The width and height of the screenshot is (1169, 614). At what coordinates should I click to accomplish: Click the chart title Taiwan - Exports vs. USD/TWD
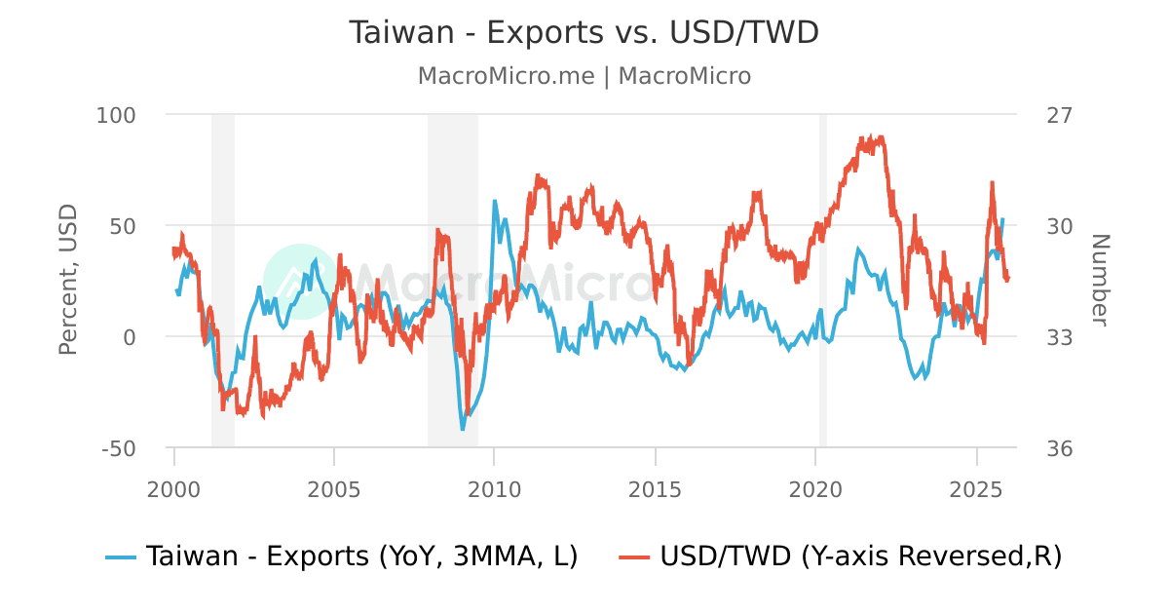(x=584, y=32)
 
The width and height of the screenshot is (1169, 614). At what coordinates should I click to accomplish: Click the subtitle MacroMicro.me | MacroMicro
(x=584, y=76)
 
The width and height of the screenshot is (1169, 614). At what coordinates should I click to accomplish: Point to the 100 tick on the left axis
(x=116, y=114)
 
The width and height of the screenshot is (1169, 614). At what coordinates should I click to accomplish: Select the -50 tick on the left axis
(x=119, y=448)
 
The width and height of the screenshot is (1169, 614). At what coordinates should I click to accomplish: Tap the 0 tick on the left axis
(x=129, y=337)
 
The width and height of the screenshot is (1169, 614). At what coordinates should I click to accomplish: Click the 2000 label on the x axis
(x=174, y=484)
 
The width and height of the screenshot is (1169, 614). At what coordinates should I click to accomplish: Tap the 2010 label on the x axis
(x=495, y=484)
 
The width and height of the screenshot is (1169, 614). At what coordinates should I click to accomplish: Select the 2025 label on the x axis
(x=976, y=484)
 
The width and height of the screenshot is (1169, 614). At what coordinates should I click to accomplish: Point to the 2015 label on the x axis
(x=656, y=484)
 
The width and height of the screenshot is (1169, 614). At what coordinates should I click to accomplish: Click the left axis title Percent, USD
(x=67, y=281)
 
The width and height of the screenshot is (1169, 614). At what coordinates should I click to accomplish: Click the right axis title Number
(x=1099, y=281)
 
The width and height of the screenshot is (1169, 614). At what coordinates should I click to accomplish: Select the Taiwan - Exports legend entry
(x=342, y=556)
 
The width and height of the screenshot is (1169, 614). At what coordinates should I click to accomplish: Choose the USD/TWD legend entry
(x=840, y=556)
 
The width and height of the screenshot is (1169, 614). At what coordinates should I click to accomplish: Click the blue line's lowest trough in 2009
(x=463, y=428)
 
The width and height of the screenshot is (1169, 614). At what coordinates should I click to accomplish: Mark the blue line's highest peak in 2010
(x=495, y=202)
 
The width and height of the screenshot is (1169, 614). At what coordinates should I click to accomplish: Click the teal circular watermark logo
(x=300, y=281)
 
